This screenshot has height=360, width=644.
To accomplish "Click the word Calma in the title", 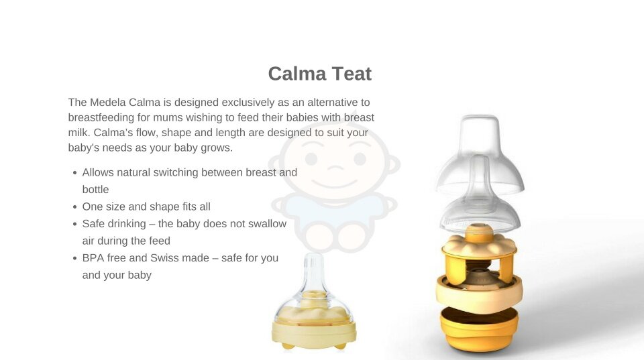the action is pos(297,74).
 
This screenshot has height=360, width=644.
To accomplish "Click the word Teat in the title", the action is pos(352,74).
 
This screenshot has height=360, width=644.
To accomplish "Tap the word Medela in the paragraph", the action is pos(107,102).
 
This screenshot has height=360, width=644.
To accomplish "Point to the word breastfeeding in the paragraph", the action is pos(101,117).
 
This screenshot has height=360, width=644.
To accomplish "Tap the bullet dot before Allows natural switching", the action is pos(74,173).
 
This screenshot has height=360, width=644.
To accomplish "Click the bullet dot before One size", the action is pos(74,207).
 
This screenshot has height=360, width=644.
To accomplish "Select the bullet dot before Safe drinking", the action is pos(74,224).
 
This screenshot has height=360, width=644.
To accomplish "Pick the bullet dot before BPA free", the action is pos(74,258).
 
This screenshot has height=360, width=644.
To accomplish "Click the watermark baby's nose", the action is pos(335,168).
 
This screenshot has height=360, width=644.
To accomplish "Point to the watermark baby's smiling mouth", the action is pos(334,183).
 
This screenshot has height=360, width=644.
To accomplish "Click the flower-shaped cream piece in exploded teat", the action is pos(479,245).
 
